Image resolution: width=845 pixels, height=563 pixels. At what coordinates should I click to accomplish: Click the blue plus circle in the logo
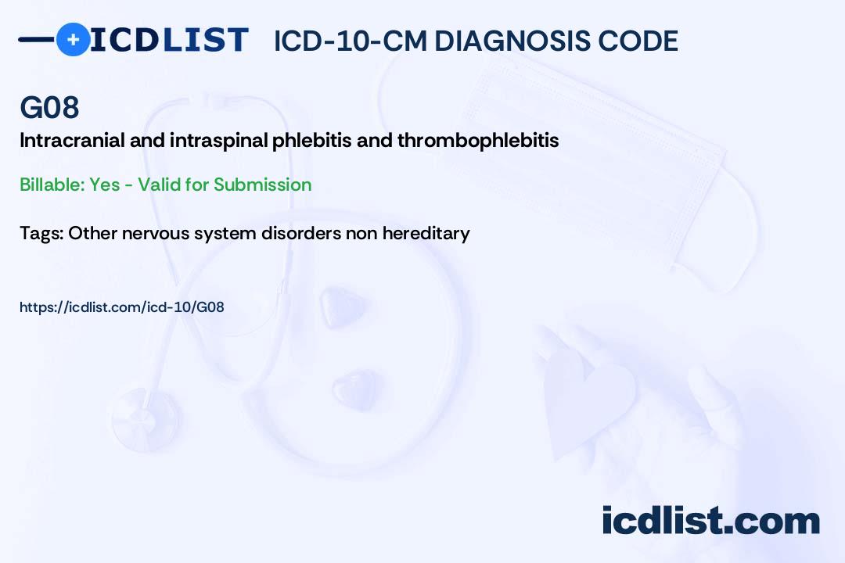pos(73,40)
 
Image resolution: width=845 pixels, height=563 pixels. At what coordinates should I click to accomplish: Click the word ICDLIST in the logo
pos(169,40)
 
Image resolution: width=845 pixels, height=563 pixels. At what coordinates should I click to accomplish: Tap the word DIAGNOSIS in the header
pos(512,41)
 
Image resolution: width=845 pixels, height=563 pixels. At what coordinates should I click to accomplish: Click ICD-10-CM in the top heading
pos(351,41)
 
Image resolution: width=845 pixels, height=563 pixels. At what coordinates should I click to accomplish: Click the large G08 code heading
pos(49,107)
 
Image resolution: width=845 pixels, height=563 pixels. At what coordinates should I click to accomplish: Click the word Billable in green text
pos(52,185)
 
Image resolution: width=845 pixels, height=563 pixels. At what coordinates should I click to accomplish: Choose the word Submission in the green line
pos(262,185)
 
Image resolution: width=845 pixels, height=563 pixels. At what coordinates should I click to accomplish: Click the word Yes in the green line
pos(105,185)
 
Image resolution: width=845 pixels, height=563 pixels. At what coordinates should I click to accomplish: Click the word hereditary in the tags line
pos(426,233)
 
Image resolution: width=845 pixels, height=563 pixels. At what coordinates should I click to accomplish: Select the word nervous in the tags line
pos(156,234)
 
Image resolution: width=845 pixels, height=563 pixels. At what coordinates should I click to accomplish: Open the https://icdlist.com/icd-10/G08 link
pos(122,307)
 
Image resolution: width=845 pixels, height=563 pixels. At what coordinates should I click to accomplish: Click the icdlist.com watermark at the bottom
pos(710,521)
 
